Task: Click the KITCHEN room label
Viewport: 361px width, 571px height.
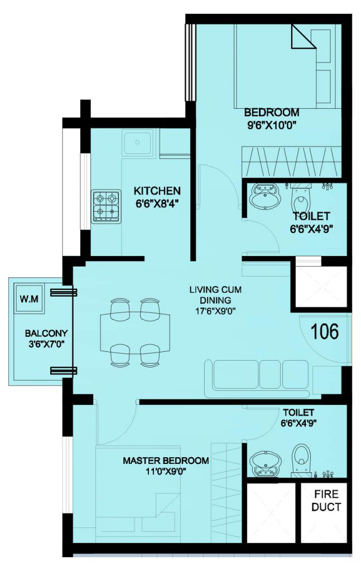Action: click(x=157, y=191)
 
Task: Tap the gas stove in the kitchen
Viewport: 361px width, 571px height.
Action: click(x=106, y=206)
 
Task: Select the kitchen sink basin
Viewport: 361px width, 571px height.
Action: click(x=138, y=142)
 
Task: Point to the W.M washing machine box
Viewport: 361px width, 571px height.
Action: click(x=29, y=299)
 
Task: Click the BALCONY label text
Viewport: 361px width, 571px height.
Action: click(x=46, y=333)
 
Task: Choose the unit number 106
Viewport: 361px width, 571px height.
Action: click(x=325, y=331)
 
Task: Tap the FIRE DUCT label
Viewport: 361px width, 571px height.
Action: click(x=326, y=500)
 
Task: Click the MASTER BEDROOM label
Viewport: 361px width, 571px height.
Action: click(x=166, y=461)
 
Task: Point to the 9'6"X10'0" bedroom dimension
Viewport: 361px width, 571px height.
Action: click(x=271, y=125)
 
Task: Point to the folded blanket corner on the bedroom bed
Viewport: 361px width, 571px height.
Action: click(x=303, y=36)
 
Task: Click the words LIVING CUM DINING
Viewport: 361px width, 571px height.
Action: click(x=215, y=295)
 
